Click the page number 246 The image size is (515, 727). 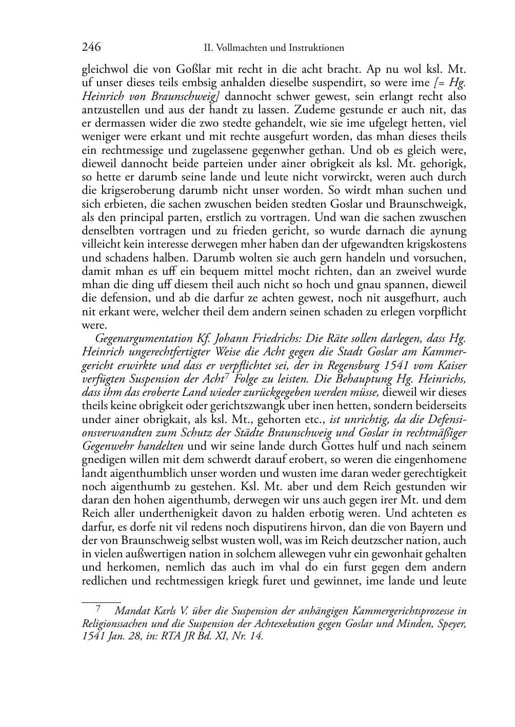point(91,48)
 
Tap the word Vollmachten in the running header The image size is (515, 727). point(241,48)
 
